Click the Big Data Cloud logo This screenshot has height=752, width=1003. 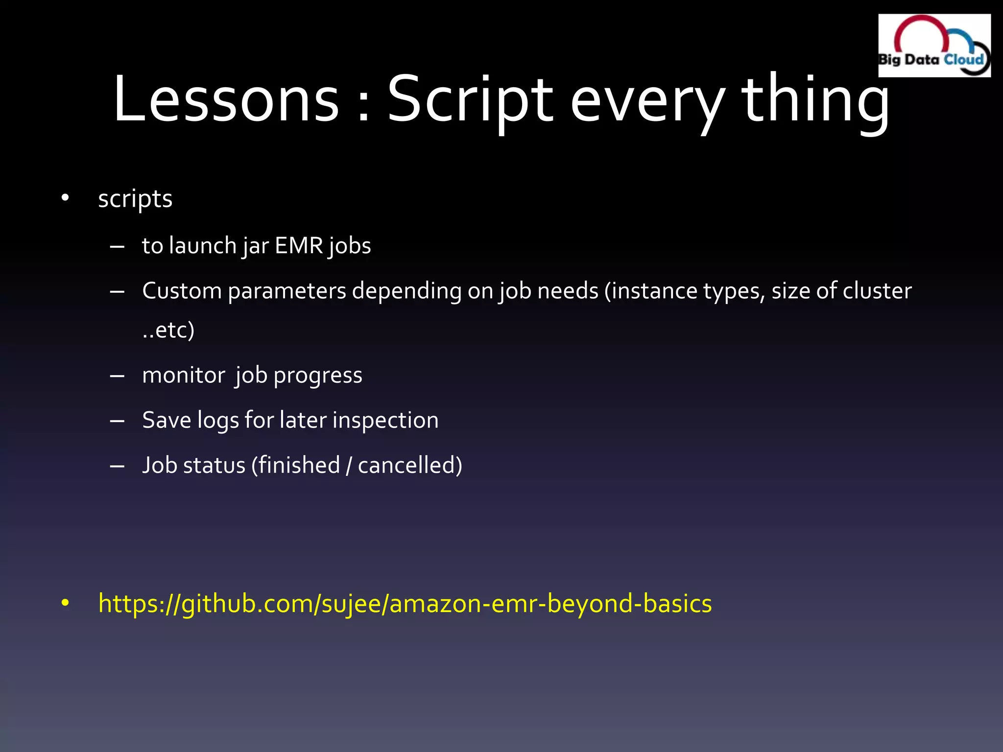click(x=934, y=46)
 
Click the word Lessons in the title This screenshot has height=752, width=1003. click(x=226, y=99)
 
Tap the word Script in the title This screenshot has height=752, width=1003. click(x=470, y=99)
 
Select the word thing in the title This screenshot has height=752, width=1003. click(x=815, y=99)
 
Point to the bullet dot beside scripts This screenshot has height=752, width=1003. click(x=65, y=198)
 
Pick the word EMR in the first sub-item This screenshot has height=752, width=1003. click(x=299, y=246)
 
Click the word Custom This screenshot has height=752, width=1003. click(x=182, y=291)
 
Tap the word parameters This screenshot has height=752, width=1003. click(x=287, y=291)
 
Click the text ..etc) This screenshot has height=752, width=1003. click(x=168, y=330)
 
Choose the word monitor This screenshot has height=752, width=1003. click(x=184, y=376)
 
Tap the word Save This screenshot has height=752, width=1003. click(x=166, y=421)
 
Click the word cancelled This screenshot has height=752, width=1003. click(x=409, y=466)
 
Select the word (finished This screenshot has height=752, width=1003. click(x=295, y=466)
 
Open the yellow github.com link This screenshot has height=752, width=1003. click(x=405, y=604)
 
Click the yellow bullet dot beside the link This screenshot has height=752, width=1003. click(x=65, y=604)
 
